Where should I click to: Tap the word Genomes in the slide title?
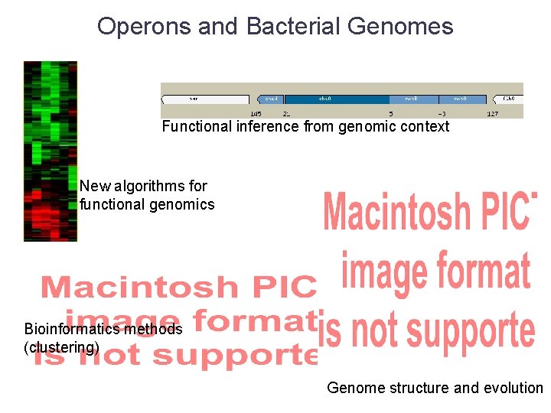tap(399, 27)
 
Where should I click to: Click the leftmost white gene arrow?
tap(205, 99)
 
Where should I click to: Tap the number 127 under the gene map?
tap(493, 114)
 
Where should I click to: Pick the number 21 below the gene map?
tap(287, 114)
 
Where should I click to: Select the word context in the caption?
tap(423, 127)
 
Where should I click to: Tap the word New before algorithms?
tap(95, 186)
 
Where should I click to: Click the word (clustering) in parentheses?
tap(61, 347)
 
